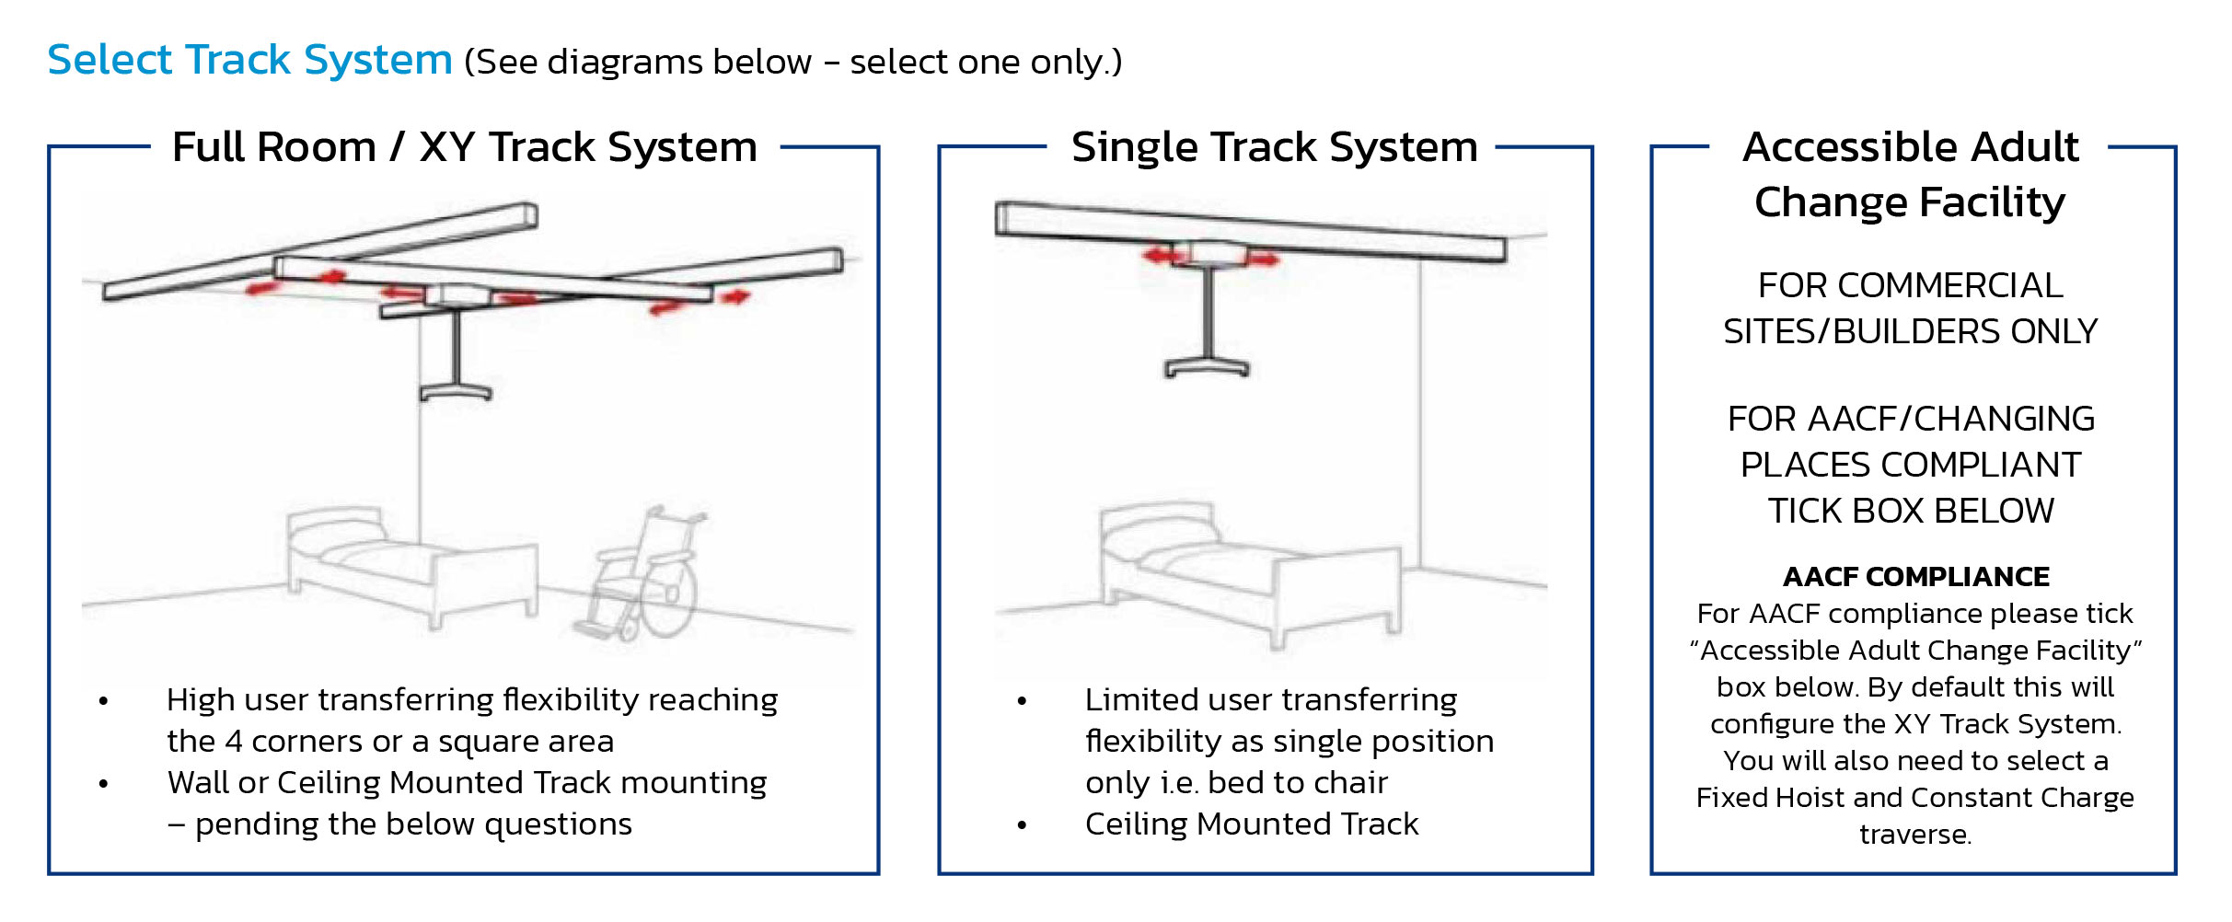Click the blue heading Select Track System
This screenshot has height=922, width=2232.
click(249, 61)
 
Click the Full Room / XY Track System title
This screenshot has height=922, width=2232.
click(465, 147)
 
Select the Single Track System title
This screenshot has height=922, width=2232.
click(1274, 147)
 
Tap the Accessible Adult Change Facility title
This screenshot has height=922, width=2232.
click(1911, 174)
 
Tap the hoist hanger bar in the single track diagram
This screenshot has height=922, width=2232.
click(1207, 367)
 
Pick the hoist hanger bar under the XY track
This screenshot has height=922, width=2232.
click(456, 390)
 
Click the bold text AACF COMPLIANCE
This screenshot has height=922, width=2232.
click(1915, 577)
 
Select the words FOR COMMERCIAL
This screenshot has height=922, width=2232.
click(1910, 286)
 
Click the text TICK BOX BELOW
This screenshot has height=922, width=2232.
click(1911, 511)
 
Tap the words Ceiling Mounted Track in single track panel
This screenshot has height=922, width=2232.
click(1251, 824)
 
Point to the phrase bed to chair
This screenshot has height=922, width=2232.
click(1297, 783)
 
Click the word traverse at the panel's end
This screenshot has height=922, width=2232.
click(1914, 835)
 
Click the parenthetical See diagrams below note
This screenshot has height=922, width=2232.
click(792, 63)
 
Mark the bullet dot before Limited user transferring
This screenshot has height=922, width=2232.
click(1022, 701)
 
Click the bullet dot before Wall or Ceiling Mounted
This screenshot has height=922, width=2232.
click(104, 784)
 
